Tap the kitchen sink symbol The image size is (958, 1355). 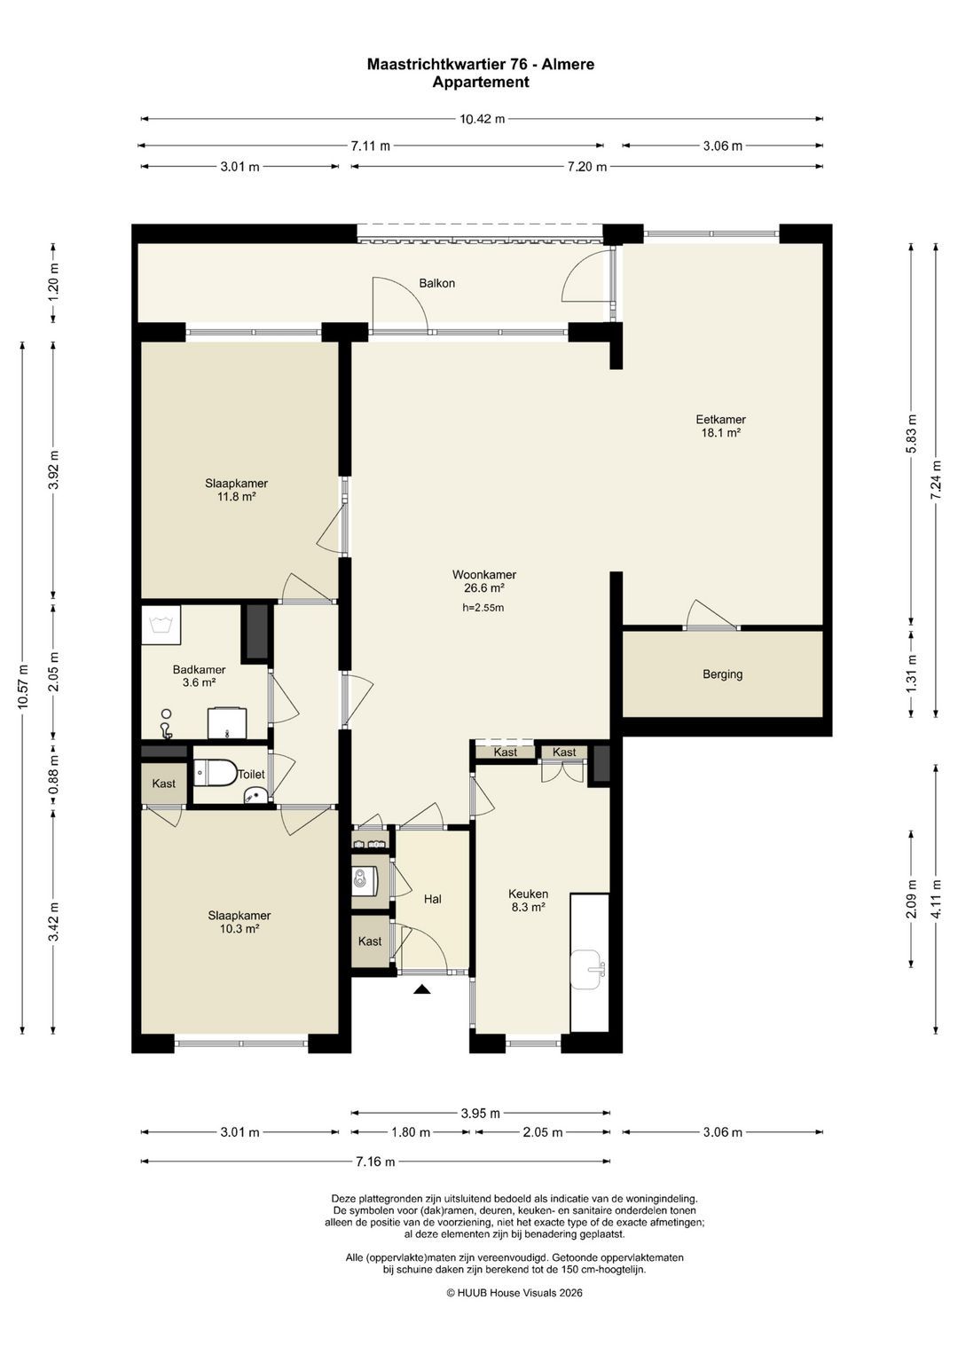(586, 970)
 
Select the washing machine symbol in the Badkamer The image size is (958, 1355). (161, 626)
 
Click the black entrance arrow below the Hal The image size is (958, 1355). (422, 989)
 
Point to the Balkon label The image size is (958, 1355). (436, 283)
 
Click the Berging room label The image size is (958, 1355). (722, 674)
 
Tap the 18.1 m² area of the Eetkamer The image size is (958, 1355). (721, 432)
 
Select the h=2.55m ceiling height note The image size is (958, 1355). (483, 608)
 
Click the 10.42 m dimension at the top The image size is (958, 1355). (482, 119)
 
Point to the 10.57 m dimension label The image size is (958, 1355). (23, 687)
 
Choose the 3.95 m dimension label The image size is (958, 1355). (480, 1113)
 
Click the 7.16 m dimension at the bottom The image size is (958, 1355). (375, 1162)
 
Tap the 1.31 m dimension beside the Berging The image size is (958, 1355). (912, 674)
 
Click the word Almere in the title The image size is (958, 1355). (568, 64)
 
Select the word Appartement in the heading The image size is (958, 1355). (481, 82)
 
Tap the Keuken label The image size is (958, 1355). (528, 894)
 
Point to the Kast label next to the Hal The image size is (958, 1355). (370, 941)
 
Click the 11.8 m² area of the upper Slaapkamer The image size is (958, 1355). (236, 497)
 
